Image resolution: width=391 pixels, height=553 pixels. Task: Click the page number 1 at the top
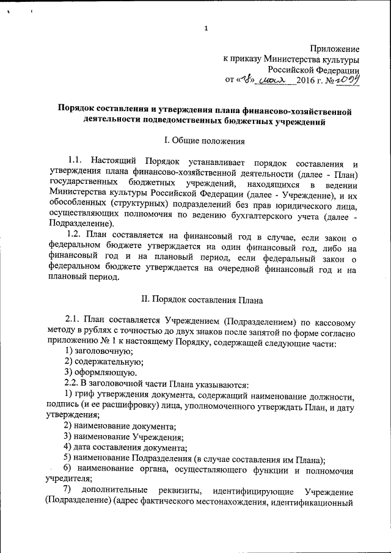coord(206,29)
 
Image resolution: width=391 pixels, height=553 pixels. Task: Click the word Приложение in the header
coord(334,49)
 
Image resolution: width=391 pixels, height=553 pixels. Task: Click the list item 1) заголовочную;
coord(98,351)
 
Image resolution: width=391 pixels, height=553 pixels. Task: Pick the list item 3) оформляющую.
coord(100,373)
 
